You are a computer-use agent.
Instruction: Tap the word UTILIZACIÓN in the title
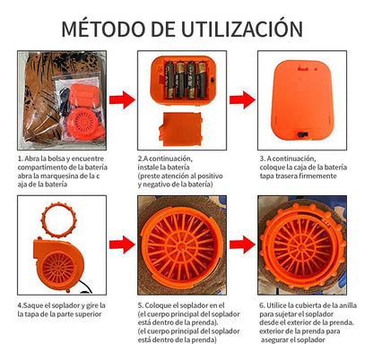[x=242, y=29]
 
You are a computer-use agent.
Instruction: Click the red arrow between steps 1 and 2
[x=122, y=100]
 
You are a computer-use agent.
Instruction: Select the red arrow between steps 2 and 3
[x=242, y=100]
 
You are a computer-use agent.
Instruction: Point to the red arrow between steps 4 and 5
[x=122, y=244]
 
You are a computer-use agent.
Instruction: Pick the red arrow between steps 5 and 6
[x=242, y=244]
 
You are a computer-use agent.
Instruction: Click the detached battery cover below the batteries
[x=180, y=129]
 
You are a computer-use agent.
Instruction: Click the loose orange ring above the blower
[x=59, y=219]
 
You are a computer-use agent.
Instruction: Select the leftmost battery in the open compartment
[x=169, y=80]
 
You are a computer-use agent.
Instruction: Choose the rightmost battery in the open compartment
[x=202, y=80]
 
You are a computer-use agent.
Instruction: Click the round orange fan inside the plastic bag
[x=82, y=123]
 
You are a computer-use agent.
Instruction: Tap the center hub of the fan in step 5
[x=181, y=247]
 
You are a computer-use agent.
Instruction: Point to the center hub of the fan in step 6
[x=303, y=245]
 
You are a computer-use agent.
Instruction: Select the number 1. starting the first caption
[x=21, y=159]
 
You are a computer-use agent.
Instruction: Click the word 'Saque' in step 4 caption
[x=33, y=305]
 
